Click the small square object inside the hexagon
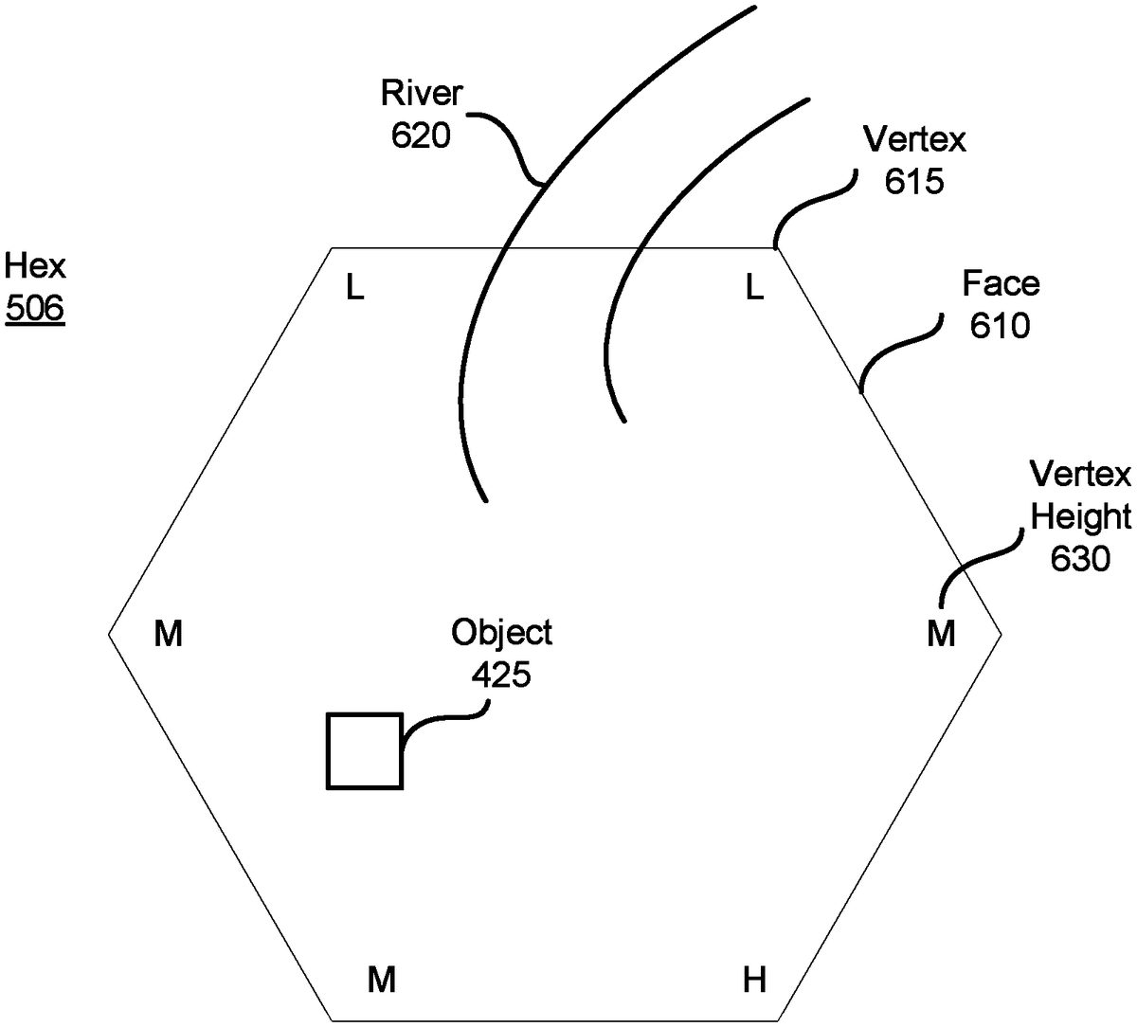click(365, 750)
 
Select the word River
click(422, 95)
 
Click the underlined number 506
click(34, 309)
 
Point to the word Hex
click(34, 266)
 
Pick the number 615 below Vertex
click(914, 182)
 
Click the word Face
click(1001, 284)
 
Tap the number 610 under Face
click(1000, 326)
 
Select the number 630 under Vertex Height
click(1080, 559)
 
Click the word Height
click(1081, 516)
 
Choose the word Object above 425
click(501, 632)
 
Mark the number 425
click(501, 675)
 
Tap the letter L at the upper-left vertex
click(354, 288)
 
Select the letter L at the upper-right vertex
click(754, 288)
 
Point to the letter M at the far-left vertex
click(168, 634)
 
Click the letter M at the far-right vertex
click(941, 634)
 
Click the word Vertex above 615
click(914, 140)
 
